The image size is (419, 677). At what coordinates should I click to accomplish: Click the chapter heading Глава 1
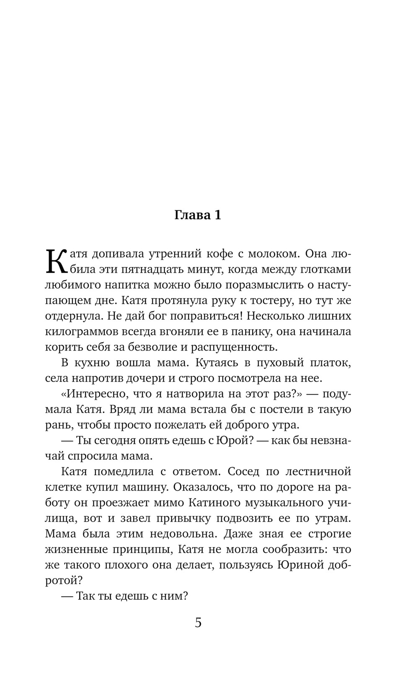pos(197,215)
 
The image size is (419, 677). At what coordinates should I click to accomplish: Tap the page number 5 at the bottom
pos(198,622)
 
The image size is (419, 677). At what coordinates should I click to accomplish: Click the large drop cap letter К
pos(56,262)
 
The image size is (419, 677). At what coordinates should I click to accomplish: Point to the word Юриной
pos(300,565)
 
